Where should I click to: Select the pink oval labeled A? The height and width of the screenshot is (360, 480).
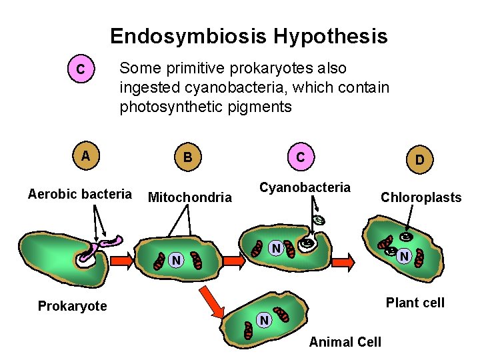click(x=84, y=157)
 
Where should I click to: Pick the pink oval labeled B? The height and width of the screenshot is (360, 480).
click(x=188, y=157)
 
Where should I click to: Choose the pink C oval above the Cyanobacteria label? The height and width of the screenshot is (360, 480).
click(x=301, y=157)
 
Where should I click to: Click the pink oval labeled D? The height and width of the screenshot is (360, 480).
click(x=419, y=160)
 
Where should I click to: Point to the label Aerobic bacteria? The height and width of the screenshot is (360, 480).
click(x=80, y=194)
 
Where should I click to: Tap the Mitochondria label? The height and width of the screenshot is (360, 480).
click(x=189, y=197)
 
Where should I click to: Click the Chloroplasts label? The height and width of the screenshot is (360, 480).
click(x=421, y=197)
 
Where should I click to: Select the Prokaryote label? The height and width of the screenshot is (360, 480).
click(x=72, y=306)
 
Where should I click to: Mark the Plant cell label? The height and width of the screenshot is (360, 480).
click(x=415, y=303)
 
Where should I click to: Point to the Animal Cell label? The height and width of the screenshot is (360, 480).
click(x=345, y=342)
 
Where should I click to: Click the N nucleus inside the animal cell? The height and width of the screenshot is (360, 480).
click(x=264, y=321)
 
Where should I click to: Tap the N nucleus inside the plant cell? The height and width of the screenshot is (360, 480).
click(x=403, y=255)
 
